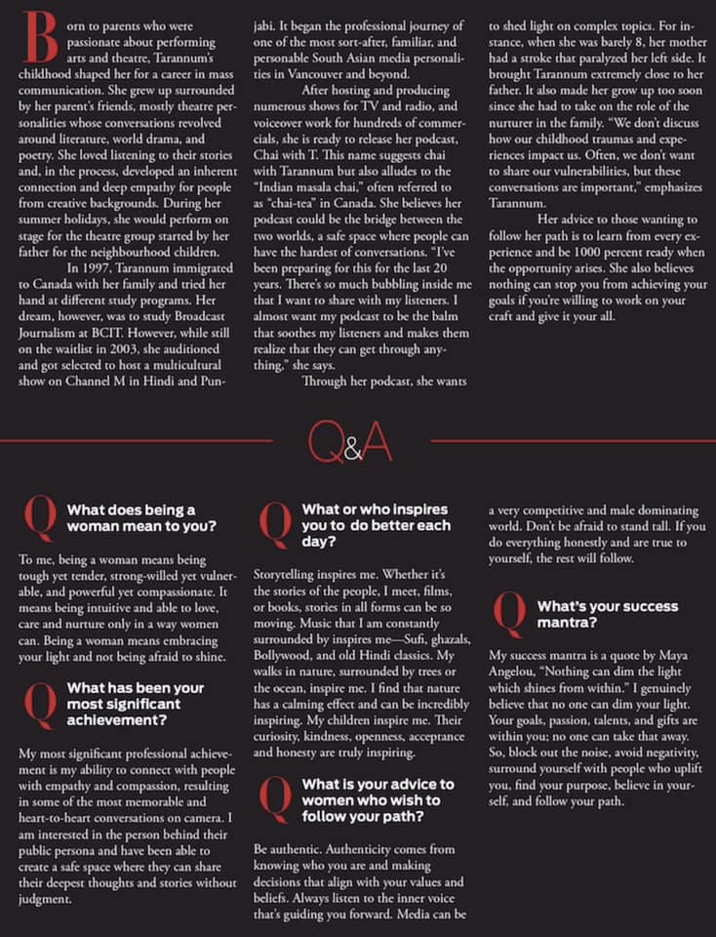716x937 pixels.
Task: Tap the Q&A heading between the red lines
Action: click(x=348, y=445)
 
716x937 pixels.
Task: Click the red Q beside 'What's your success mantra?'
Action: click(x=511, y=613)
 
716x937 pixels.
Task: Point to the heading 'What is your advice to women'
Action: click(x=378, y=800)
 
